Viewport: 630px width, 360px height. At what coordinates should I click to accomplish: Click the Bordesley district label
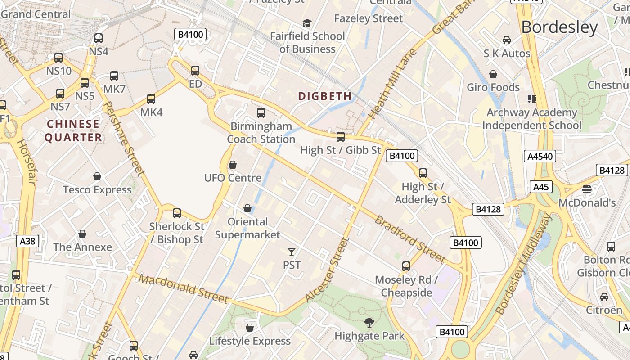pyautogui.click(x=559, y=27)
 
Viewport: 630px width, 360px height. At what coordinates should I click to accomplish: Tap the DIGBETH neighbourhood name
pyautogui.click(x=325, y=96)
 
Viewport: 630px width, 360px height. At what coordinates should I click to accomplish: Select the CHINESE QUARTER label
pyautogui.click(x=73, y=130)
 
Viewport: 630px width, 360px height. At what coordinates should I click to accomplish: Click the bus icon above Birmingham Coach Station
pyautogui.click(x=261, y=113)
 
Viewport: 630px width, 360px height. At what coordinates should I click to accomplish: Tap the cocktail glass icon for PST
pyautogui.click(x=292, y=252)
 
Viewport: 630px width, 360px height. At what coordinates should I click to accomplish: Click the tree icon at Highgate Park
pyautogui.click(x=369, y=322)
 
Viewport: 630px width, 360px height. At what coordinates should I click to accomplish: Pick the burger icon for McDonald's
pyautogui.click(x=586, y=189)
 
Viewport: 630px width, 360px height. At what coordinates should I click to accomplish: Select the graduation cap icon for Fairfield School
pyautogui.click(x=307, y=23)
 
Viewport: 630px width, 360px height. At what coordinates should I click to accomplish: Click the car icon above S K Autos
pyautogui.click(x=507, y=40)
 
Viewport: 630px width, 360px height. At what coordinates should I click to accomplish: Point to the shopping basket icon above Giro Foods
pyautogui.click(x=493, y=74)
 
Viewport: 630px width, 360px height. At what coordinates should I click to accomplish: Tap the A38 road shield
pyautogui.click(x=27, y=241)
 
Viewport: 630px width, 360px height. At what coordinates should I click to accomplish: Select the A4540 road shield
pyautogui.click(x=540, y=156)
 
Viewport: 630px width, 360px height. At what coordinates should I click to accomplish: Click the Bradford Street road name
pyautogui.click(x=409, y=239)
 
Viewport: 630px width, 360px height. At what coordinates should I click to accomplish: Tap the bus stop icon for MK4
pyautogui.click(x=151, y=99)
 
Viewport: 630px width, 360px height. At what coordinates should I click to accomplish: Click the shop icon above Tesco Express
pyautogui.click(x=97, y=176)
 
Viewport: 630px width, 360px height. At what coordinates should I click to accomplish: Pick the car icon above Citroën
pyautogui.click(x=604, y=297)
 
